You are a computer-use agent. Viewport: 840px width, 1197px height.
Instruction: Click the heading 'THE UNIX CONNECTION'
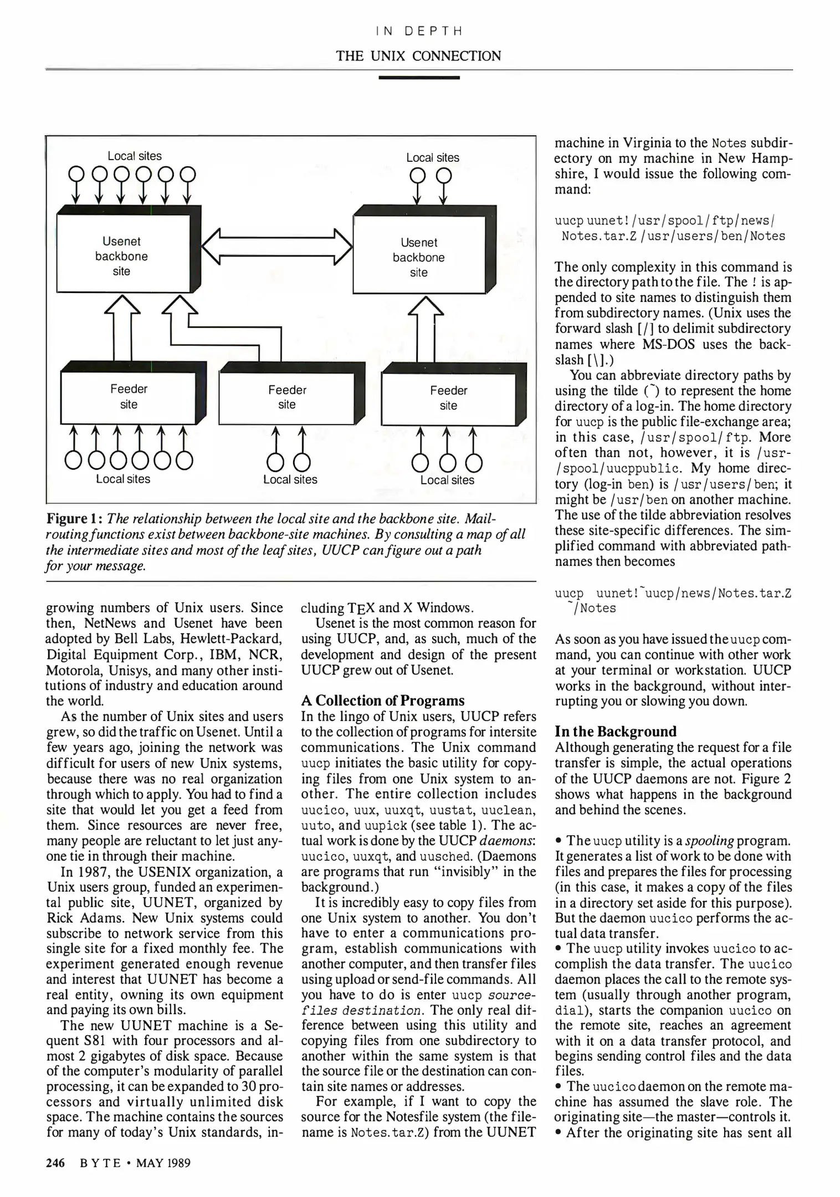click(418, 56)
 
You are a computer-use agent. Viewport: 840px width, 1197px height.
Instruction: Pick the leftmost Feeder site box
click(129, 397)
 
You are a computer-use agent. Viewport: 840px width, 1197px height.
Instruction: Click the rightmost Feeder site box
click(448, 398)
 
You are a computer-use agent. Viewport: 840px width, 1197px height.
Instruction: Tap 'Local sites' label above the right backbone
click(433, 158)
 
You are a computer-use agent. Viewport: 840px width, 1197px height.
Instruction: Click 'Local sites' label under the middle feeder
click(290, 480)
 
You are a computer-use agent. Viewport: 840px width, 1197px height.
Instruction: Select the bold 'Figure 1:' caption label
click(74, 520)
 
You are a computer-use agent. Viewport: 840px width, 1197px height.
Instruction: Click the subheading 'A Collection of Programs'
click(382, 700)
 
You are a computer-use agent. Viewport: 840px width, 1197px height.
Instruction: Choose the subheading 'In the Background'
click(616, 731)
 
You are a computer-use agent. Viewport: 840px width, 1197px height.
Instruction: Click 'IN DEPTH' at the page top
click(418, 31)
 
